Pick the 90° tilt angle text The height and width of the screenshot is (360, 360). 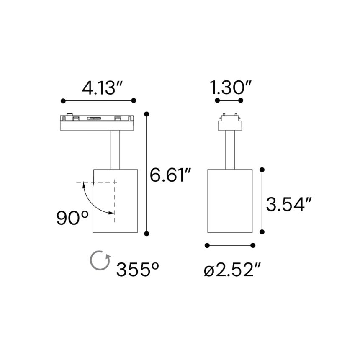pos(72,218)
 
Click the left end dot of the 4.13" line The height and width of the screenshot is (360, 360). pos(63,100)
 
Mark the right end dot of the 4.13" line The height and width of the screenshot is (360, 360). pos(134,100)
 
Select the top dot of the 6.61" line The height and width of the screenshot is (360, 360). pos(147,113)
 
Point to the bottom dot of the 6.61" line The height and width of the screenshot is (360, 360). pos(147,233)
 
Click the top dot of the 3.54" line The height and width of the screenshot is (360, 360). pos(262,170)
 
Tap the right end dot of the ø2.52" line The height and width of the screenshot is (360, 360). pos(253,245)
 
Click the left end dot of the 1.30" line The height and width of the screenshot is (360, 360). pos(217,100)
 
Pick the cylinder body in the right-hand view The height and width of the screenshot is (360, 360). pos(229,200)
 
